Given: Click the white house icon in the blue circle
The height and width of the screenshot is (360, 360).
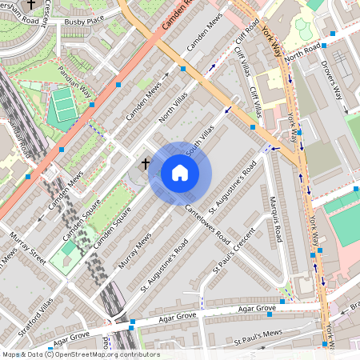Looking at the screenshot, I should (x=180, y=173).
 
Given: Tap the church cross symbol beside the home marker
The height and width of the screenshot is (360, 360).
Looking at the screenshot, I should (x=146, y=164).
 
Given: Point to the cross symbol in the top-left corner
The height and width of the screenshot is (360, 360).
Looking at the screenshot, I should (x=31, y=5).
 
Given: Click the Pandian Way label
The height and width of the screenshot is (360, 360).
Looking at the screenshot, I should (x=75, y=81).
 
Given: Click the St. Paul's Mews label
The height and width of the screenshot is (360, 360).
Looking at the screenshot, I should (x=258, y=337).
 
